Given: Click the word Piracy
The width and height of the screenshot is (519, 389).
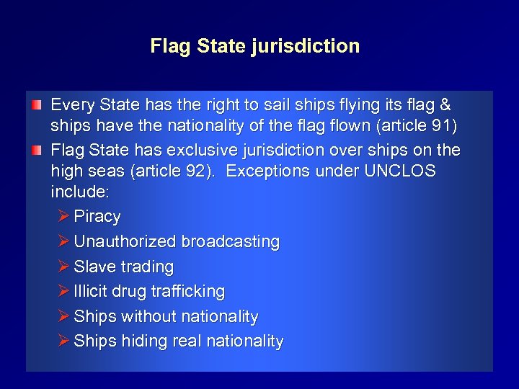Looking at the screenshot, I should pyautogui.click(x=97, y=217).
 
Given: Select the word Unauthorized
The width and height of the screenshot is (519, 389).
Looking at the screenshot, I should pyautogui.click(x=125, y=242).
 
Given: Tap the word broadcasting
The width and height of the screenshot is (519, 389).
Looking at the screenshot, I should pyautogui.click(x=230, y=242).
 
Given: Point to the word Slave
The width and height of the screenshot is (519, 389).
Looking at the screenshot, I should pyautogui.click(x=92, y=267).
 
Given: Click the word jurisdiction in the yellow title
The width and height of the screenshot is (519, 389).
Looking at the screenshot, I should pyautogui.click(x=306, y=46).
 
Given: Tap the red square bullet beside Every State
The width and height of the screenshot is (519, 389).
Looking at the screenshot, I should pyautogui.click(x=37, y=105).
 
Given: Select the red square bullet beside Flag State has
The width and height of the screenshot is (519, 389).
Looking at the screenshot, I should pyautogui.click(x=37, y=150).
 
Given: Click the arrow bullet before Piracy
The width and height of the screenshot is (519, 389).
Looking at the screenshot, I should pyautogui.click(x=63, y=216).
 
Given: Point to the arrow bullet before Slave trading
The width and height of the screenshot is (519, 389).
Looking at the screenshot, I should pyautogui.click(x=63, y=266).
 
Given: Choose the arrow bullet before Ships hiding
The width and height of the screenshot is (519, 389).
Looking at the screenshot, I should pyautogui.click(x=63, y=341).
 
